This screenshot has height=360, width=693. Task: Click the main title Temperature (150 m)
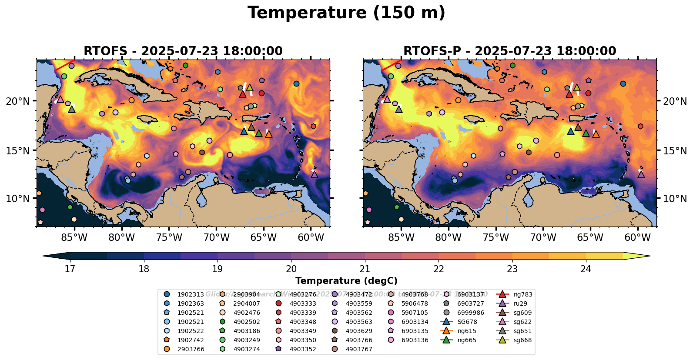point(346,13)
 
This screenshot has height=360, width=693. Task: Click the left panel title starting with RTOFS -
point(183,51)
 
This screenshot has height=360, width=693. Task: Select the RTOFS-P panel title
point(509,51)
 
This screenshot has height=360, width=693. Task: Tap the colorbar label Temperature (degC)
point(346,281)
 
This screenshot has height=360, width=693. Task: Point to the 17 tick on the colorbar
point(70,269)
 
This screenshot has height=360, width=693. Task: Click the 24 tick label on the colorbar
point(586,269)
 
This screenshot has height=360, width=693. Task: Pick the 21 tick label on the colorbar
point(365,269)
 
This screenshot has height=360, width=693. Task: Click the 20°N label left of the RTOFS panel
point(18,101)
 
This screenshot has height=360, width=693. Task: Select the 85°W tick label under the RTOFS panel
point(74,238)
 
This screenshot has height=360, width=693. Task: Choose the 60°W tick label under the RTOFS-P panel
point(638,238)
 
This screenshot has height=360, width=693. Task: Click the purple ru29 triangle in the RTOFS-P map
point(641,174)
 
